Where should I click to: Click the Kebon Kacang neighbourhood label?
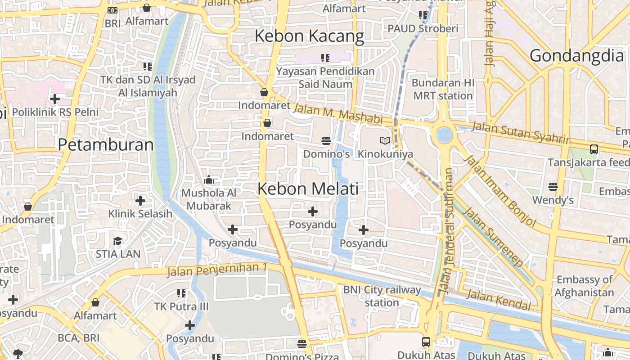click(309, 36)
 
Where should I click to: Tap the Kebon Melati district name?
click(308, 189)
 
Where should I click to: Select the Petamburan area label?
click(106, 145)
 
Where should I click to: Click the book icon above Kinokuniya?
click(385, 141)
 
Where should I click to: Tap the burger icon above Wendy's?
click(553, 186)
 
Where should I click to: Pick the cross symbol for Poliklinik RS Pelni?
click(55, 99)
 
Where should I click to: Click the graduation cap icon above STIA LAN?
click(117, 241)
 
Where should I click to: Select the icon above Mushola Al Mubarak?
click(208, 180)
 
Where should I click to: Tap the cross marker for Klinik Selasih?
click(140, 200)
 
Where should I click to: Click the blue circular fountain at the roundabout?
click(444, 135)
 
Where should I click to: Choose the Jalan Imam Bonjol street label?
click(500, 191)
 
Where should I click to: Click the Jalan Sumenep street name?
click(494, 237)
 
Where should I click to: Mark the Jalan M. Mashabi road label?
click(337, 114)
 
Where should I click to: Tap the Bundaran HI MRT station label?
click(443, 89)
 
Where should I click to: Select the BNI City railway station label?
click(382, 296)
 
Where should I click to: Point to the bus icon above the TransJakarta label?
click(594, 149)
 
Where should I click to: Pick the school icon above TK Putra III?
click(181, 294)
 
